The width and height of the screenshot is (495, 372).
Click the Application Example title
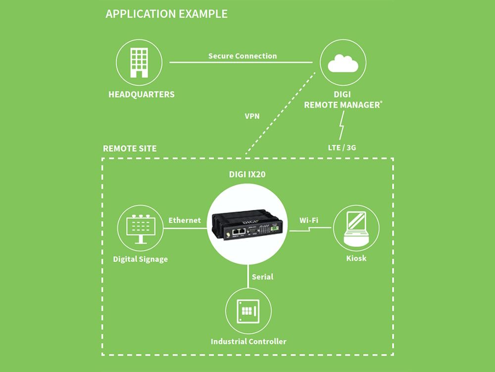[x=166, y=14]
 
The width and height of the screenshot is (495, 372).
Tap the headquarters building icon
[x=139, y=62]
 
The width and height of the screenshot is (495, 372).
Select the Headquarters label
[x=142, y=94]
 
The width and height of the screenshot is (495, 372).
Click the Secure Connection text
[x=243, y=56]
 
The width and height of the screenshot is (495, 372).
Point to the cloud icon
[x=343, y=63]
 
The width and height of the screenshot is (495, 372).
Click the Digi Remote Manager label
[x=343, y=100]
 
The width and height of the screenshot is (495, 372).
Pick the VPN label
[x=252, y=117]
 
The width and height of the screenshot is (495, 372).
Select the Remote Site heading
[x=130, y=148]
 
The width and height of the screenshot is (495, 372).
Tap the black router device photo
[x=248, y=226]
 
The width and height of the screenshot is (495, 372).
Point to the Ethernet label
[x=185, y=220]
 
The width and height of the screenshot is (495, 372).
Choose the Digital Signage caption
[x=140, y=259]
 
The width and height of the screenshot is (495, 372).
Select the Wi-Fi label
[x=308, y=220]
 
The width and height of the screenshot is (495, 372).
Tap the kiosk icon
[x=356, y=229]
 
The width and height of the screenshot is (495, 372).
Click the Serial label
[x=262, y=276]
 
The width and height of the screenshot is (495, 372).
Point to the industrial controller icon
[x=248, y=310]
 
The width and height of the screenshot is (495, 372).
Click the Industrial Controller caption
[x=248, y=341]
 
